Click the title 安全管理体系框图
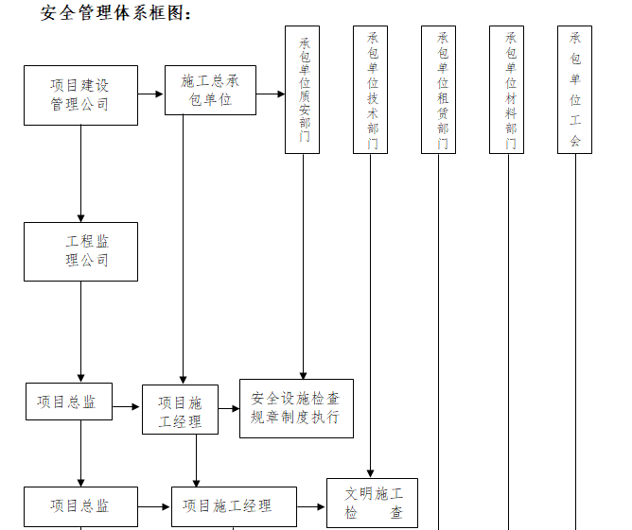point(116,14)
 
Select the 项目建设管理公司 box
point(80,94)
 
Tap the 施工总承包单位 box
point(210,90)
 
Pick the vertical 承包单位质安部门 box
point(303,90)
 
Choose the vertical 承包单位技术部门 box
point(371,90)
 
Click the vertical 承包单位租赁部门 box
point(439,90)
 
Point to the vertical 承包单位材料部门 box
point(507,90)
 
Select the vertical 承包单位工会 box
point(574,90)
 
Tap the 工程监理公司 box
point(80,251)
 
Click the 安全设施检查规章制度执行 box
point(296,408)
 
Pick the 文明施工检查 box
point(372,503)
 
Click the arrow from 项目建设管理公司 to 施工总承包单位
point(150,94)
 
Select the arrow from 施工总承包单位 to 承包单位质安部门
point(271,94)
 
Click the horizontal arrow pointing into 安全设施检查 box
point(228,408)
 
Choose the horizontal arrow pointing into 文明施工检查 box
point(312,506)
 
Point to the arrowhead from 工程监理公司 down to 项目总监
point(80,376)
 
